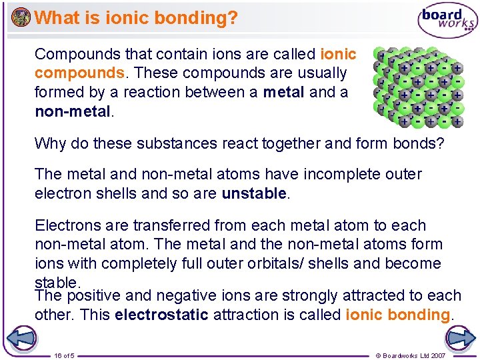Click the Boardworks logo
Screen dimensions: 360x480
click(447, 20)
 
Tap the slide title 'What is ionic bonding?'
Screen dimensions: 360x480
click(135, 18)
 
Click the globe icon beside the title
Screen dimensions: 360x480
click(21, 17)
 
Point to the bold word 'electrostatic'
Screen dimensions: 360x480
click(161, 314)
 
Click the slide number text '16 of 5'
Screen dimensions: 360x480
click(64, 355)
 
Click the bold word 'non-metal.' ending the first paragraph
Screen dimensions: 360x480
click(74, 111)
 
